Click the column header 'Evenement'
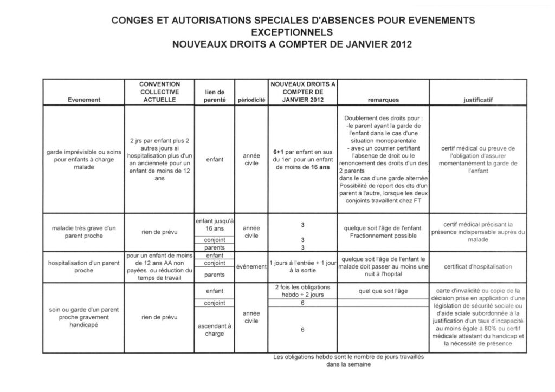click(84, 100)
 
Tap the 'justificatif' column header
click(478, 100)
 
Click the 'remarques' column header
click(383, 100)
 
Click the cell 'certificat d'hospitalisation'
click(478, 266)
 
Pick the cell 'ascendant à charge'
click(211, 330)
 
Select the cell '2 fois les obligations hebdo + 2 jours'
click(302, 291)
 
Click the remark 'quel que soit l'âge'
click(383, 290)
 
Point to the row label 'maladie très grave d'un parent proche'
click(84, 232)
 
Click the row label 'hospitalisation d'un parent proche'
click(84, 266)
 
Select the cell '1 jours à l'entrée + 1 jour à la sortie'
click(302, 266)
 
